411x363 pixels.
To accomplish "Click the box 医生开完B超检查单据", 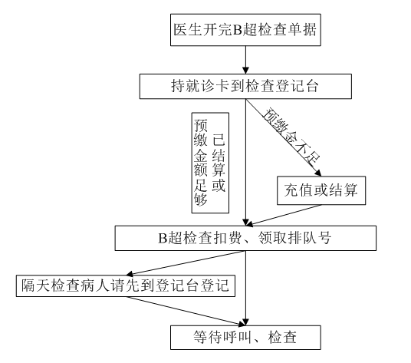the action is point(245,30).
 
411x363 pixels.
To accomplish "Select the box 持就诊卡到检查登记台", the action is point(245,86).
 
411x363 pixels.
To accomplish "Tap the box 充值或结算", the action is point(321,190).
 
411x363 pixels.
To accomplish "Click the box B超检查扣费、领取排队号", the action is point(245,238).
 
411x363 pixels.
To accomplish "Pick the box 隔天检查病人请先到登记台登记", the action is point(126,285).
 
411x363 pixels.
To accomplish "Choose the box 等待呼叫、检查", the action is point(245,338).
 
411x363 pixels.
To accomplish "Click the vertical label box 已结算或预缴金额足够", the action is point(210,163).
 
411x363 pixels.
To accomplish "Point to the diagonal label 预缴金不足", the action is point(291,137).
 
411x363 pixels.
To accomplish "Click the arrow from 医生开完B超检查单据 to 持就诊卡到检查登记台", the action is point(245,60).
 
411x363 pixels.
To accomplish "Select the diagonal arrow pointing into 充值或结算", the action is point(284,137).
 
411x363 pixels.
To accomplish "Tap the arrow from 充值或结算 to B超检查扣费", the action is point(284,215).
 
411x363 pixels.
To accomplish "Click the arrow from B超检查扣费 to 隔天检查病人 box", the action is point(186,263).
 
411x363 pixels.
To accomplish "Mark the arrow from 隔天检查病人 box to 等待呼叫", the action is point(186,312).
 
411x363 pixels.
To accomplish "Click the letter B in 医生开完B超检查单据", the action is point(237,30).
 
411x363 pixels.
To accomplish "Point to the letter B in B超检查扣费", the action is point(163,238).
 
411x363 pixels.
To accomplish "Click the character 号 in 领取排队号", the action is point(324,238).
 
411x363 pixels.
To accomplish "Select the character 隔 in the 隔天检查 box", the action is point(28,285).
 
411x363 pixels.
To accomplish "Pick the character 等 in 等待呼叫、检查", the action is point(200,338).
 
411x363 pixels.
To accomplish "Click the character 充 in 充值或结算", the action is point(291,190).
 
